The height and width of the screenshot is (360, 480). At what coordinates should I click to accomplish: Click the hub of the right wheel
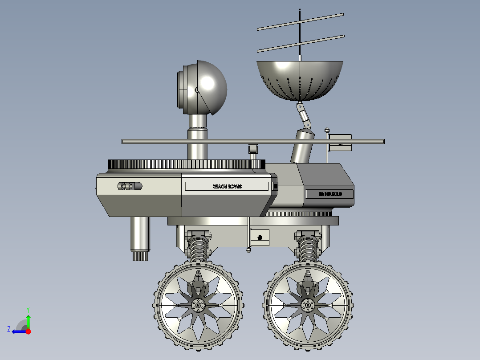click(307, 305)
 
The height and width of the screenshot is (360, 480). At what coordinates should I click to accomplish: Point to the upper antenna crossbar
click(301, 21)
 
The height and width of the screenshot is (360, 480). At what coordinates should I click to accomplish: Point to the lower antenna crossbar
click(301, 43)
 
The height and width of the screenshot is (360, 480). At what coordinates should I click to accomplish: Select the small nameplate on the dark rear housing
click(329, 194)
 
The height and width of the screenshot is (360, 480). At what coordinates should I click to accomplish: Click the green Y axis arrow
click(28, 320)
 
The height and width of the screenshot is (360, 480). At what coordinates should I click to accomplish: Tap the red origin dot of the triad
click(28, 331)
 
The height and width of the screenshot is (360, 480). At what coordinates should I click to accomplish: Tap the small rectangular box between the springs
click(260, 237)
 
